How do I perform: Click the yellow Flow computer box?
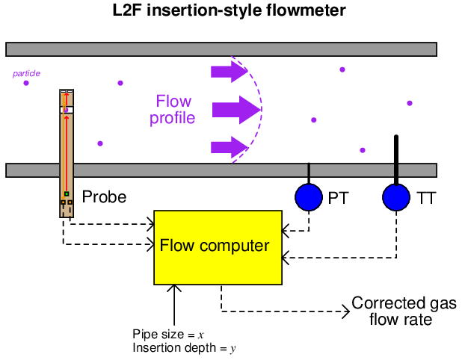(x=218, y=247)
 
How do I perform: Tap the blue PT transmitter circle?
(x=309, y=197)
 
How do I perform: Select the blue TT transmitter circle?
(x=396, y=197)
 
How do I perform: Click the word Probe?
(x=104, y=198)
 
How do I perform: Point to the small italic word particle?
(x=26, y=73)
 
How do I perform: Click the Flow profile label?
(x=173, y=110)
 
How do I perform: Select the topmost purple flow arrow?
(x=228, y=72)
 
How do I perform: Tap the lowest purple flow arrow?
(x=228, y=146)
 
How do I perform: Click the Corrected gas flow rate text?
(x=394, y=311)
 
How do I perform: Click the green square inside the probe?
(x=67, y=194)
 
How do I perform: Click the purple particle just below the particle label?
(x=26, y=83)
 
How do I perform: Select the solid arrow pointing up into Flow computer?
(x=174, y=306)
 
